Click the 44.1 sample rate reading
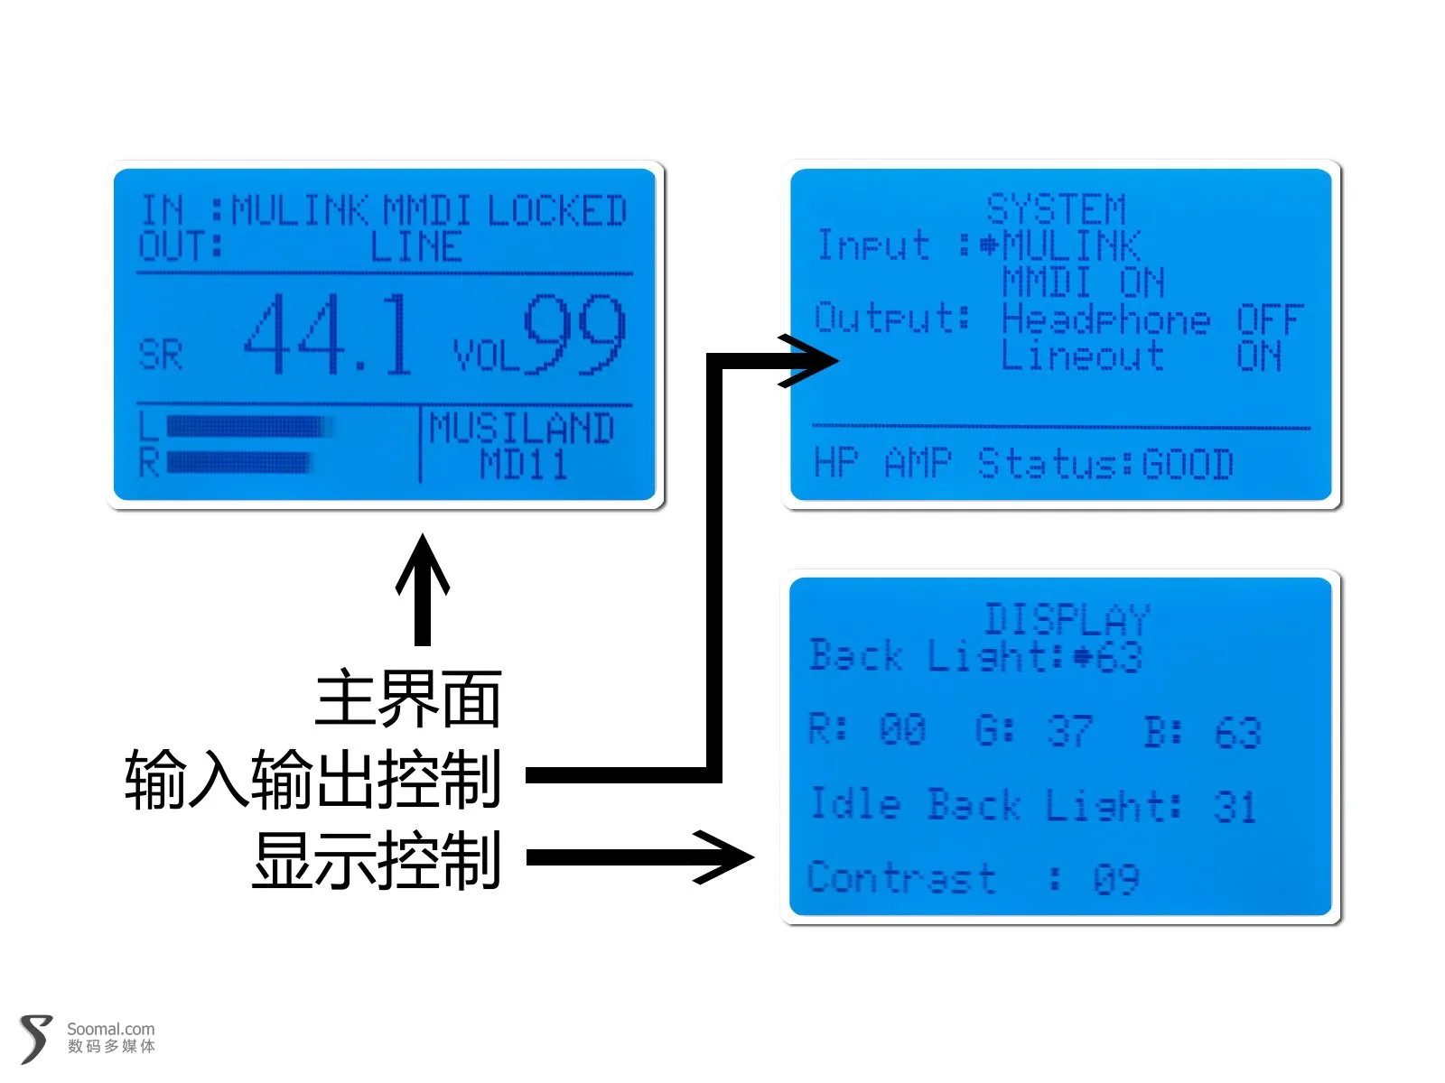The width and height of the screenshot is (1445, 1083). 328,334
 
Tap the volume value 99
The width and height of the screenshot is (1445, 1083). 574,334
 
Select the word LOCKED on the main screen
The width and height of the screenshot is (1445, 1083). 557,210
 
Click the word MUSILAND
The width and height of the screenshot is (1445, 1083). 521,428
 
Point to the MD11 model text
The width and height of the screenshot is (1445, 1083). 523,464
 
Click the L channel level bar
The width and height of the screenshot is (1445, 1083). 250,426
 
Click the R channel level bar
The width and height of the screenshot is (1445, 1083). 238,462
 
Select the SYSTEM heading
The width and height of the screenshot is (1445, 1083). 1056,209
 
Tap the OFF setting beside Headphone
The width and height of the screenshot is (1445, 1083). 1269,319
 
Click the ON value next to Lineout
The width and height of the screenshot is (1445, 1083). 1259,356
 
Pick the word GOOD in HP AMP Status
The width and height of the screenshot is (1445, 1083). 1187,464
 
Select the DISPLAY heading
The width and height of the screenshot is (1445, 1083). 1067,619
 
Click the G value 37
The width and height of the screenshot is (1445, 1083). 1070,730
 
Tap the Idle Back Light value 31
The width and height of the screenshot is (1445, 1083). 1235,806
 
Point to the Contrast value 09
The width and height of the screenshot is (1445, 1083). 1116,879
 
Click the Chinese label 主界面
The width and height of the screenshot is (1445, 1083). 408,699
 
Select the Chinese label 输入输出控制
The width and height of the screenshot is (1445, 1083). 313,779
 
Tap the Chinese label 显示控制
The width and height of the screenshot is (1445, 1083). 377,860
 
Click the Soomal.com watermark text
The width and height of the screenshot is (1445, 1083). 110,1029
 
